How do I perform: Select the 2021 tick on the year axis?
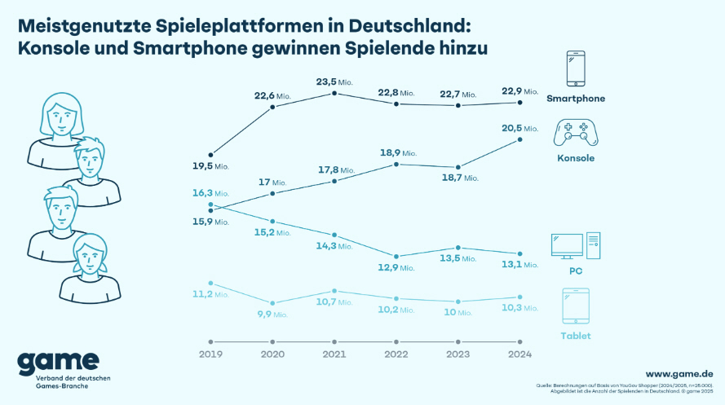pyautogui.click(x=335, y=354)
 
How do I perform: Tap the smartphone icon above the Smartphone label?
pyautogui.click(x=576, y=69)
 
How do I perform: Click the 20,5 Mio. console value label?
pyautogui.click(x=520, y=128)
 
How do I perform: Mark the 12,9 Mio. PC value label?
pyautogui.click(x=396, y=267)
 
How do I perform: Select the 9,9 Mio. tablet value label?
pyautogui.click(x=272, y=314)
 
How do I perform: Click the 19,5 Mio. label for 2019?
pyautogui.click(x=210, y=166)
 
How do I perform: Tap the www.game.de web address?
pyautogui.click(x=680, y=372)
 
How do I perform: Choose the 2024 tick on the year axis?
pyautogui.click(x=520, y=354)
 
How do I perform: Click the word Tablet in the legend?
pyautogui.click(x=575, y=336)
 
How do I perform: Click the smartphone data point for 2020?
pyautogui.click(x=272, y=106)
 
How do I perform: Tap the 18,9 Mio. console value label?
pyautogui.click(x=396, y=152)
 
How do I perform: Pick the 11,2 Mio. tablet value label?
pyautogui.click(x=210, y=294)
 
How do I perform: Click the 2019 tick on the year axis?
pyautogui.click(x=210, y=354)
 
